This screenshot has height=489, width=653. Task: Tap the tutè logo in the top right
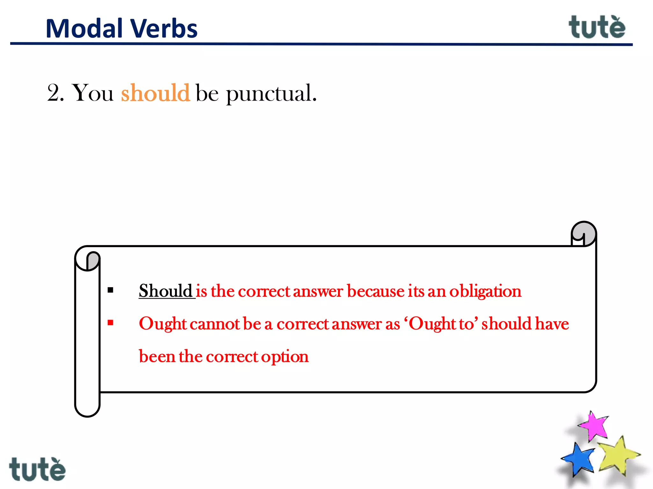tap(597, 27)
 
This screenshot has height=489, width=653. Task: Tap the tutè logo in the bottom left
tap(37, 469)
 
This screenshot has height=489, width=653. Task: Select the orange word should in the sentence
tap(155, 93)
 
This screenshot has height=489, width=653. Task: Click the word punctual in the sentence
tap(271, 94)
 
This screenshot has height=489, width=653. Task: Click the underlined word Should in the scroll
tap(165, 291)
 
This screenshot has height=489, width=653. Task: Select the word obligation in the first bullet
tap(485, 291)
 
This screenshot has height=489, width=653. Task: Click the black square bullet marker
tap(111, 290)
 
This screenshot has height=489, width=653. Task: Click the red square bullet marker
tap(111, 323)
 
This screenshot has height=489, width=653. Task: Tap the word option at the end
tap(285, 357)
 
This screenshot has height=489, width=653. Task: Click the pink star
tap(593, 426)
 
